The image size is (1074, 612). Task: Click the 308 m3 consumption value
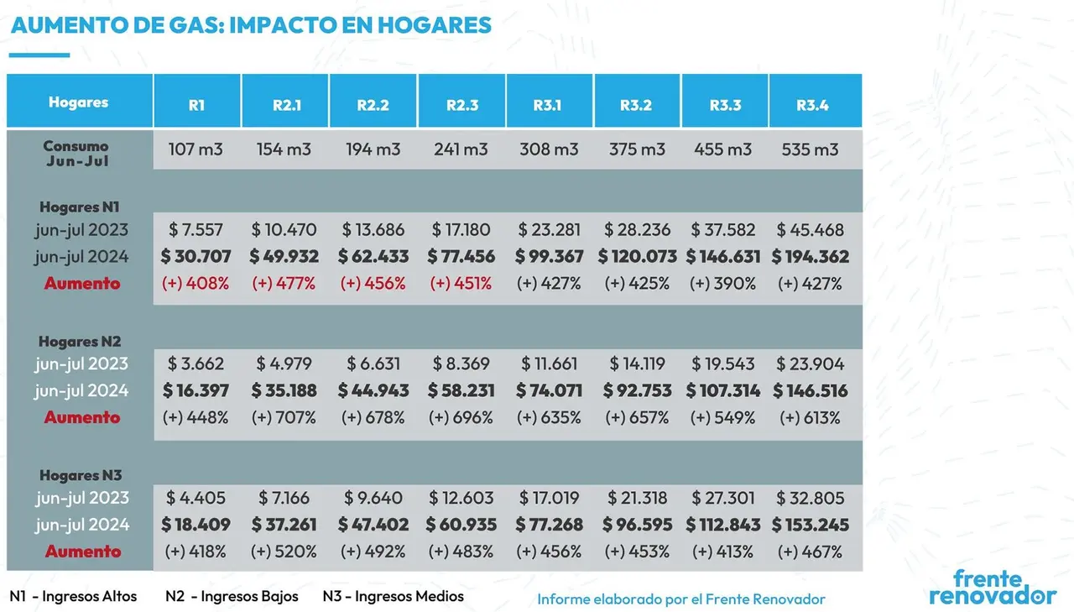(549, 149)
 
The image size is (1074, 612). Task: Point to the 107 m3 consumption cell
(196, 149)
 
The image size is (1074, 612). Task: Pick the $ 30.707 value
(196, 257)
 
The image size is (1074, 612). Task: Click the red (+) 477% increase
(284, 284)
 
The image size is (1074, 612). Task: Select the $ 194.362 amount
(811, 257)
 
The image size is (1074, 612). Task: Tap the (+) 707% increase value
(284, 418)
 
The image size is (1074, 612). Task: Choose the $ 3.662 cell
(196, 364)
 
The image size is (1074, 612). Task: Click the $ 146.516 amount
(811, 391)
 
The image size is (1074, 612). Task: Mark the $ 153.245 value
(811, 525)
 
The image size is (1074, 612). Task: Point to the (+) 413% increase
(722, 552)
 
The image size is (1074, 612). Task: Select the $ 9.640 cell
(373, 498)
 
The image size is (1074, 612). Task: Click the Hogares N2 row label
(80, 342)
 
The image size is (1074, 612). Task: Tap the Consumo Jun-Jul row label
(76, 153)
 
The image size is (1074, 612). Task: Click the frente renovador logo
(993, 587)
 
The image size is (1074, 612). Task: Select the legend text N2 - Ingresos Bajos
(232, 596)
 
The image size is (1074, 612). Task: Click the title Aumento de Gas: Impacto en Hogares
(251, 25)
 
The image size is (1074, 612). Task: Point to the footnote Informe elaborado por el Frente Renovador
(680, 599)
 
